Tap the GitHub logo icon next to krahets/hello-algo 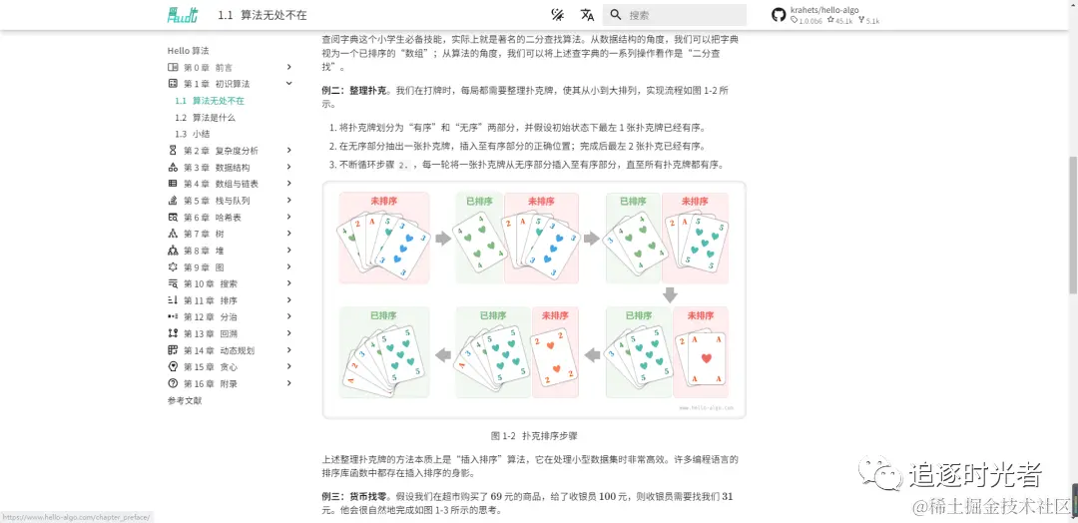point(779,15)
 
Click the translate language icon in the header point(588,15)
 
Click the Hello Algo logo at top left point(183,15)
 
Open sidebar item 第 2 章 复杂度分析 point(221,151)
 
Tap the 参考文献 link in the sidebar point(185,400)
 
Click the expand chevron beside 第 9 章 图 point(289,267)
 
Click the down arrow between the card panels point(670,294)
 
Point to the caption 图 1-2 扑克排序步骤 point(534,436)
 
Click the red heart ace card point(709,357)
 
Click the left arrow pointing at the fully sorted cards point(442,354)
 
